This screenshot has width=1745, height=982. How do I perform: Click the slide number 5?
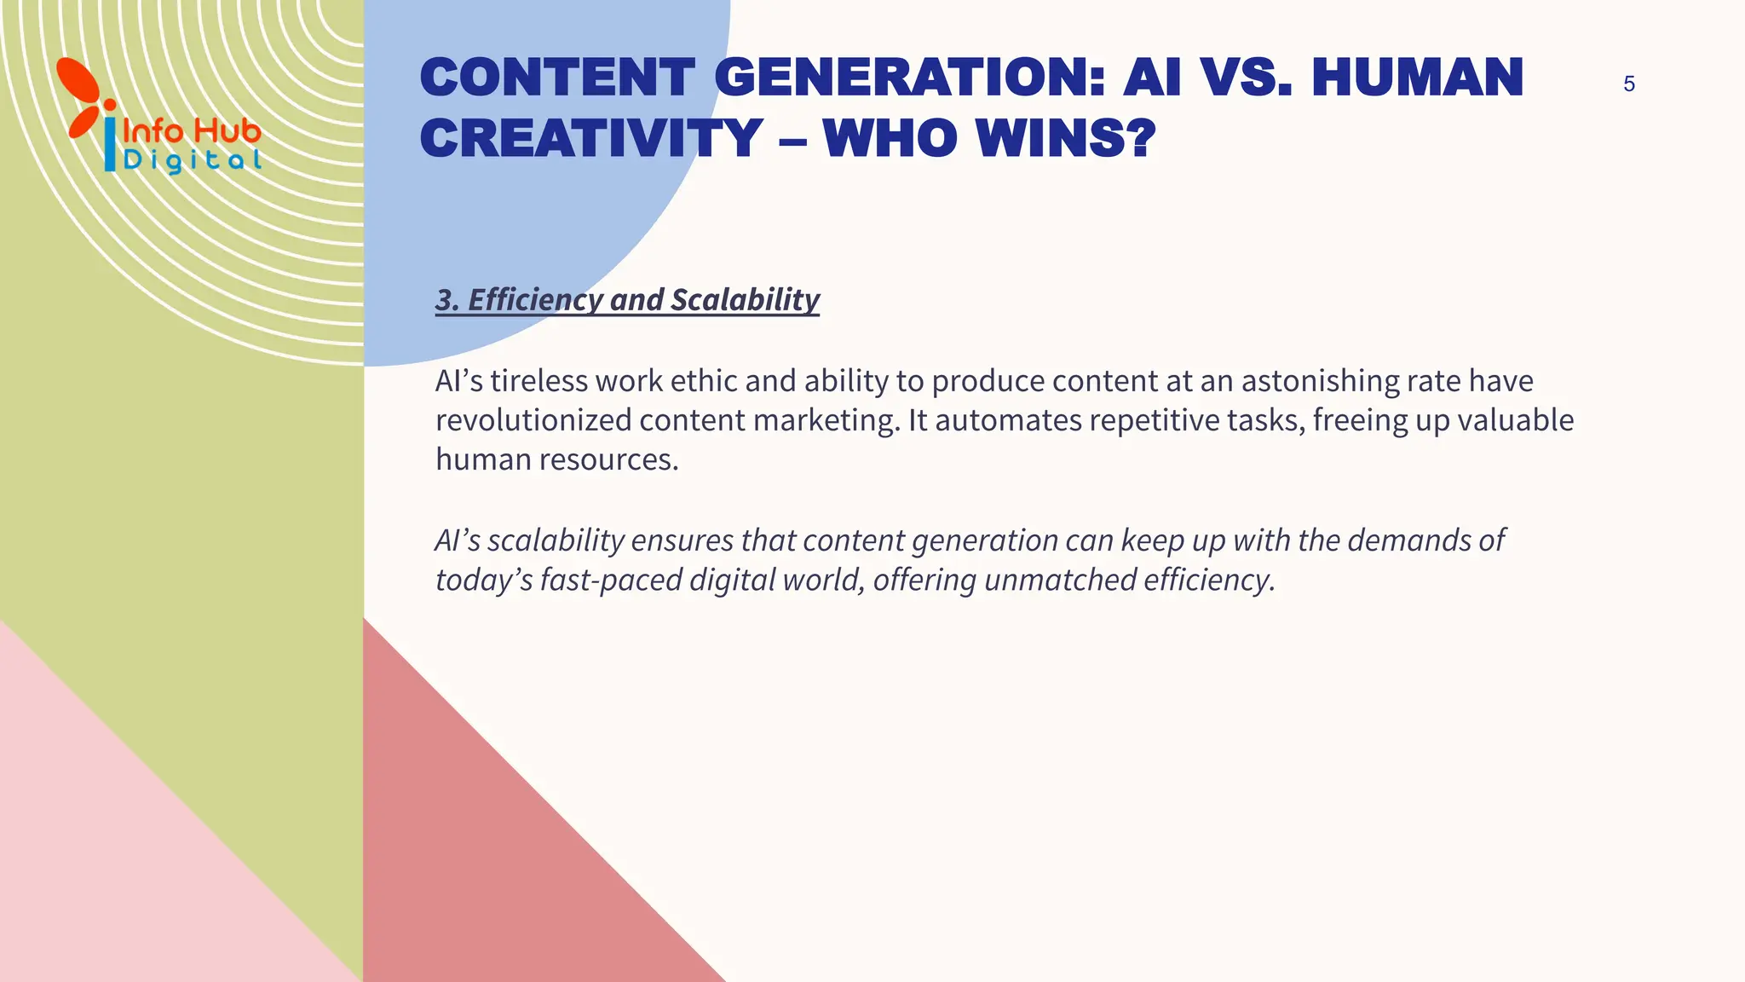[x=1628, y=84]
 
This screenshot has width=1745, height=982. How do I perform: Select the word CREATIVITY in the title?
[x=591, y=138]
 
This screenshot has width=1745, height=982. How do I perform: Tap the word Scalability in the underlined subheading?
[x=745, y=300]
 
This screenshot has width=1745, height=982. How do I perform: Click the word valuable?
[x=1511, y=420]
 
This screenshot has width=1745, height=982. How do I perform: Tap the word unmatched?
[x=1060, y=580]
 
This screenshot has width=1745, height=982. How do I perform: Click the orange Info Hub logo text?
[x=192, y=131]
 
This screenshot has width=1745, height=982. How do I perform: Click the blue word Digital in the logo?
[x=193, y=160]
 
